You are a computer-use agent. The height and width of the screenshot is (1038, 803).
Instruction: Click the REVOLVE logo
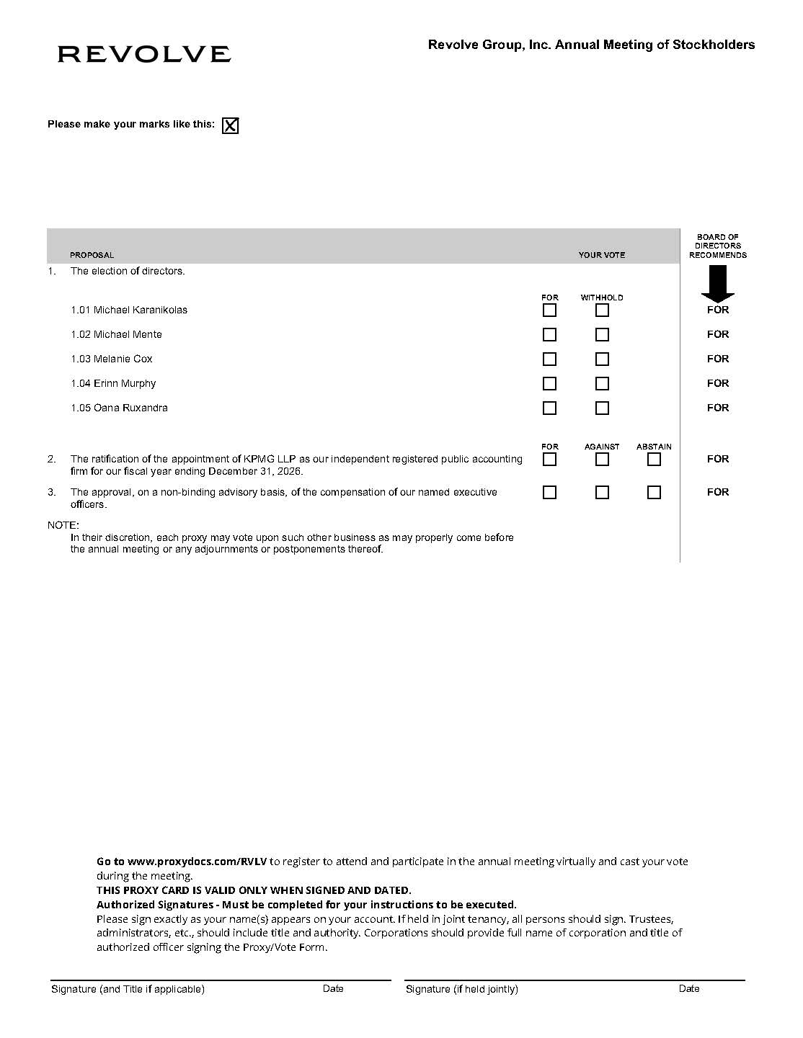pos(144,54)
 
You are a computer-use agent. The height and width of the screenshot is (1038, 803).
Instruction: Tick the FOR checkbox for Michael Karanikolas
pos(549,310)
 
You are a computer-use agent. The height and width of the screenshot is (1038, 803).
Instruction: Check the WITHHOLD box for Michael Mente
pos(602,335)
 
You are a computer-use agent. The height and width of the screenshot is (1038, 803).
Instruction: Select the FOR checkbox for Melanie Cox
pos(549,359)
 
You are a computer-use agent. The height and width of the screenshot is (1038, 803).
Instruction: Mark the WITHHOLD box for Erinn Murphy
pos(602,384)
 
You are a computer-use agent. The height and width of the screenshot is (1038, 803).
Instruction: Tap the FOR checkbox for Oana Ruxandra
pos(549,408)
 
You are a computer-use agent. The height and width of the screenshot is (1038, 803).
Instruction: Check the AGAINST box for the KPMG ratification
pos(602,460)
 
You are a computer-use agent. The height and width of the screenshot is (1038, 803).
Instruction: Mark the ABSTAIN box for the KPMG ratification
pos(654,460)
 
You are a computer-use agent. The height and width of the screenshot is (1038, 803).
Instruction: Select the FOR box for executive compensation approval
pos(549,493)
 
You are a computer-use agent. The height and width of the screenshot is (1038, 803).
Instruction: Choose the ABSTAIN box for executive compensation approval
pos(654,493)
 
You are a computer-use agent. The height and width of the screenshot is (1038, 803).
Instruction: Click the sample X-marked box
pos(230,126)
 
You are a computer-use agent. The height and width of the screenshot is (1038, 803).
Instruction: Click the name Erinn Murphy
pos(125,383)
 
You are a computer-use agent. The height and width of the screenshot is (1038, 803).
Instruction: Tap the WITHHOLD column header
pos(602,297)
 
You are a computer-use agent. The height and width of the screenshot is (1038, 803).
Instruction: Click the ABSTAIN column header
pos(654,447)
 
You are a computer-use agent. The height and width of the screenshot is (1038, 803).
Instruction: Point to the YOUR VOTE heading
pos(601,255)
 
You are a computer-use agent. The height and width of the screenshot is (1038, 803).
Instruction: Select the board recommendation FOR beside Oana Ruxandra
pos(718,408)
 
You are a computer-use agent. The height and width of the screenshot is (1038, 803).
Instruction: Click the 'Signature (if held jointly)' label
pos(461,989)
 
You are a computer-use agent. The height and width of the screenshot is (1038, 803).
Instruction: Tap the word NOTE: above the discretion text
pos(63,525)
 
